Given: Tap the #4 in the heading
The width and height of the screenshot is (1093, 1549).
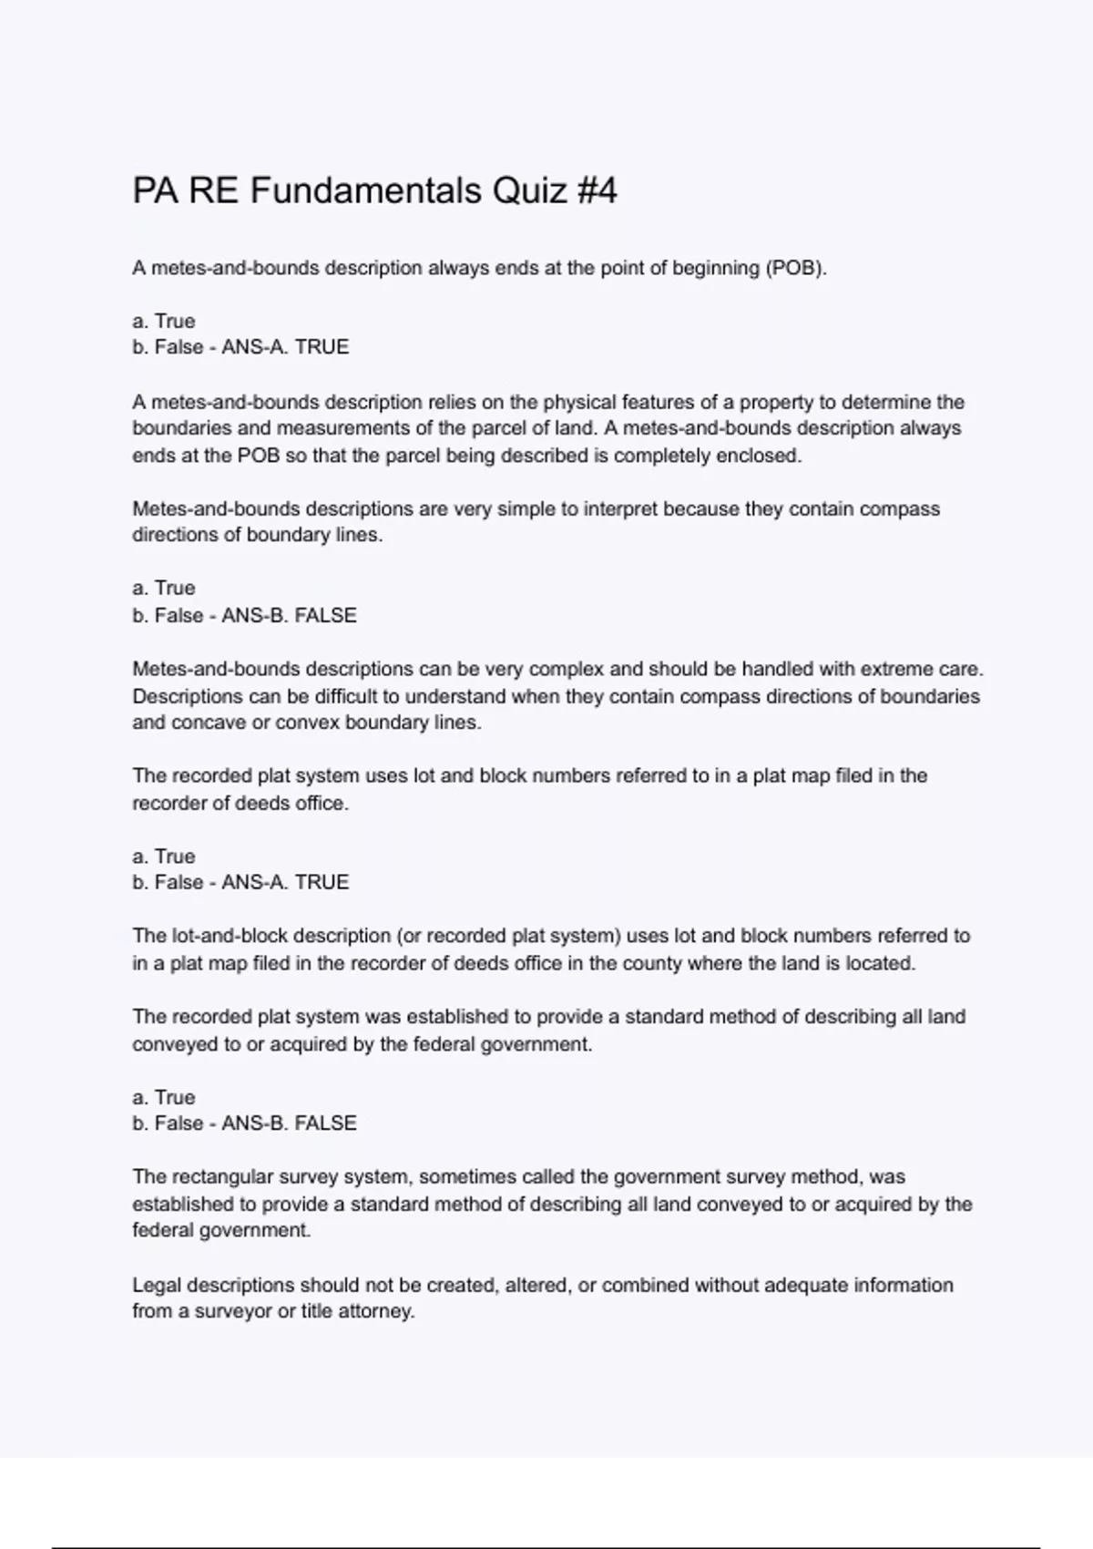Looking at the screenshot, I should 598,191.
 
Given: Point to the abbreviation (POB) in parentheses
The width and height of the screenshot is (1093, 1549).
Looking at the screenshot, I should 795,268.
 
